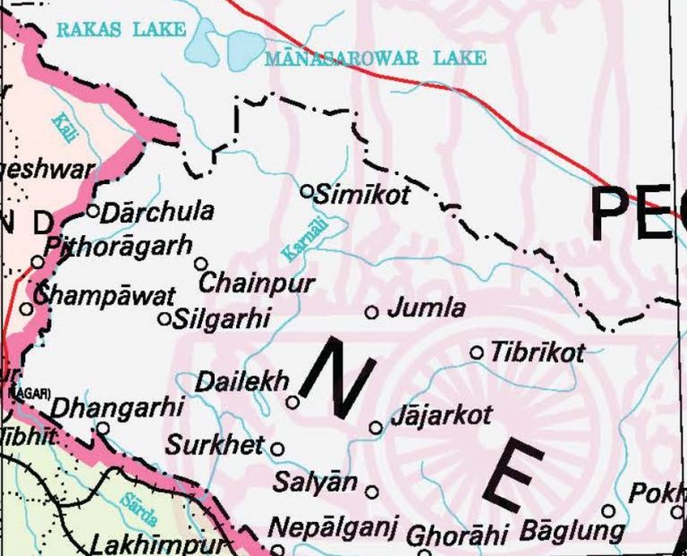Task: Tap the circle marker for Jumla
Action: click(372, 312)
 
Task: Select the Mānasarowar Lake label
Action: click(376, 58)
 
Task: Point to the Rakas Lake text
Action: click(121, 29)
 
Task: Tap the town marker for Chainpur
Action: click(201, 264)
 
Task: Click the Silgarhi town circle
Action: click(165, 318)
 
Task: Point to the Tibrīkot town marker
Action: click(477, 352)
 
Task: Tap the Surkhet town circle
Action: click(277, 449)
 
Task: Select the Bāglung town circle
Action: click(608, 511)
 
